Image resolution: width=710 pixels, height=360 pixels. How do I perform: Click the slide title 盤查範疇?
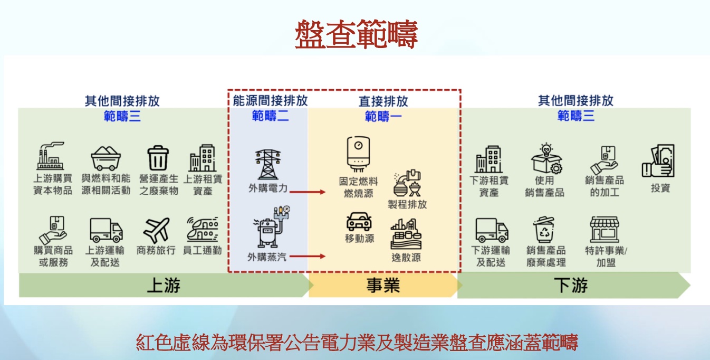(x=356, y=34)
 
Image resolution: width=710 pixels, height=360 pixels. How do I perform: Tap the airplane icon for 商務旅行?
(x=156, y=231)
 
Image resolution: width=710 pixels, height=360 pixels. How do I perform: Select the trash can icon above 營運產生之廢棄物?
(x=158, y=158)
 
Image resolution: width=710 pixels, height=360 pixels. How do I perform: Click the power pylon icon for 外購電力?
(x=268, y=164)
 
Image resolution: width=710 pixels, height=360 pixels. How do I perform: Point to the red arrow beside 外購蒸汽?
(x=308, y=257)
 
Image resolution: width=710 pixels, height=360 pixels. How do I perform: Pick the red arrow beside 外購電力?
(x=308, y=192)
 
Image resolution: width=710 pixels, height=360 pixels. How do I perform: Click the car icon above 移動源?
(x=359, y=222)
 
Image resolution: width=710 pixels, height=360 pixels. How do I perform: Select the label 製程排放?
(x=407, y=204)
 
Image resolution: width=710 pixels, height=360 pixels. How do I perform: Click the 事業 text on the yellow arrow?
(x=383, y=286)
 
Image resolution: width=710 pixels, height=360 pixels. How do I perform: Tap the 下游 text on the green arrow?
(x=571, y=286)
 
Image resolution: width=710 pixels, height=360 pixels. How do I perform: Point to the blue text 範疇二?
(x=270, y=116)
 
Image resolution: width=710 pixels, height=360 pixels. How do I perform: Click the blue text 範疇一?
(x=383, y=116)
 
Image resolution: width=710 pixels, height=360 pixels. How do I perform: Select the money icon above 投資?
(x=658, y=161)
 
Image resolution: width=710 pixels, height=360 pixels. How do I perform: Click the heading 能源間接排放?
(x=270, y=100)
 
